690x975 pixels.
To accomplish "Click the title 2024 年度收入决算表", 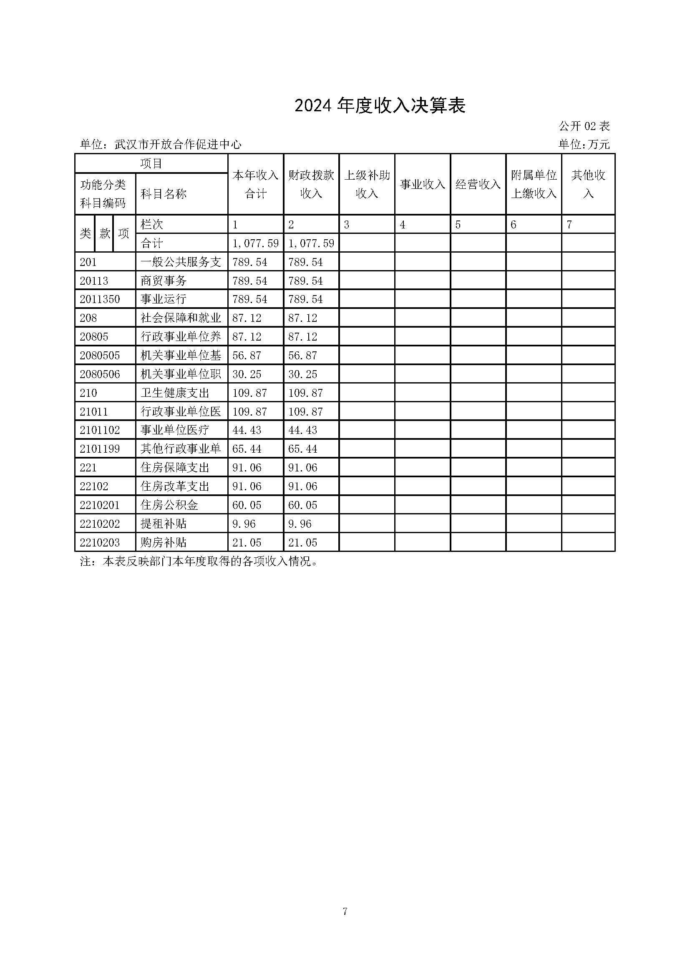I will (380, 106).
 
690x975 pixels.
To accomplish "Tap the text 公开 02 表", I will (584, 126).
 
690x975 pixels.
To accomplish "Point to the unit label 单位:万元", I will (584, 145).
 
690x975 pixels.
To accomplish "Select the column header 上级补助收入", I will (367, 184).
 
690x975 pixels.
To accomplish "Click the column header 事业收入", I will (422, 184).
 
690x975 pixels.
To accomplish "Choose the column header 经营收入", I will (478, 184).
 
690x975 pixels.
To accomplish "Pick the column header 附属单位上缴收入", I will (534, 184).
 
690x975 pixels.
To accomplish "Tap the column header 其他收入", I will (588, 184).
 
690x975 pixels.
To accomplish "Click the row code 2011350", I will (100, 299).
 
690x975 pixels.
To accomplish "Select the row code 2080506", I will (100, 374).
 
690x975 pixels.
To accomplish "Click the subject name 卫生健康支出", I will (175, 393).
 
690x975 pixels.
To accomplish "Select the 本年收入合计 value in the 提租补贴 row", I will (244, 524).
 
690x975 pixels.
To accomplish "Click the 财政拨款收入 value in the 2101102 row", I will (302, 430).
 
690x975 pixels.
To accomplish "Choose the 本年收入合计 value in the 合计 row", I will (255, 243).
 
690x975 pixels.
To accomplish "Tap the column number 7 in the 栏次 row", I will (569, 225).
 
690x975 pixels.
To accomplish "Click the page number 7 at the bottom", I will (345, 911).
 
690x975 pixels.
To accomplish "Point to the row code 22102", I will (94, 486).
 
